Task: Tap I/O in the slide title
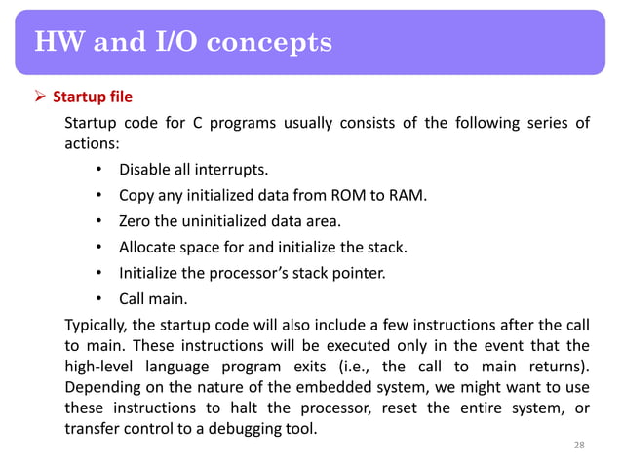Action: pyautogui.click(x=179, y=43)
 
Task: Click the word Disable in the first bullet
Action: pyautogui.click(x=145, y=173)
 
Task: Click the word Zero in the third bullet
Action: pyautogui.click(x=136, y=223)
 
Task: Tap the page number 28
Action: pyautogui.click(x=579, y=446)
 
